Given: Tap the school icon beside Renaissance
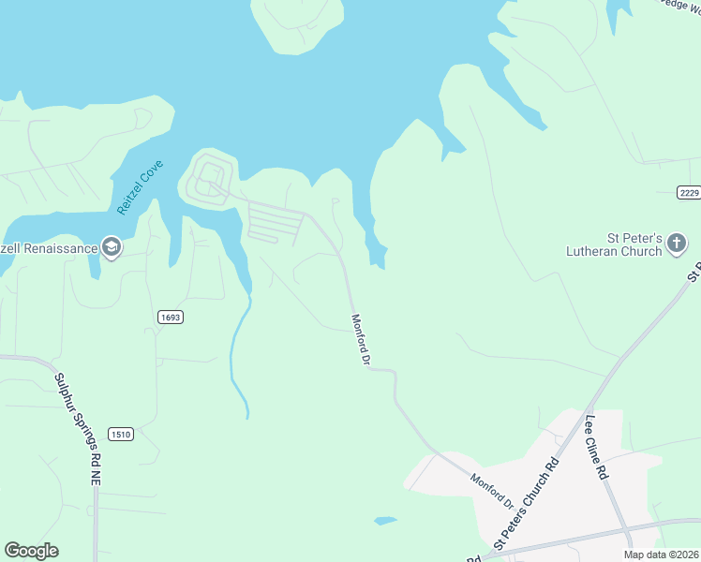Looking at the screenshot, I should pos(111,247).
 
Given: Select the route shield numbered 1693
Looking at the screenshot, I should pos(171,318).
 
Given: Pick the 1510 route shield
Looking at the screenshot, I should pos(120,434).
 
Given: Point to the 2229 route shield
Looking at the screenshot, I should pos(689,192).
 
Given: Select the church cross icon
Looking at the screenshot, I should pos(676,245).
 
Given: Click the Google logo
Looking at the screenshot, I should pos(31,551).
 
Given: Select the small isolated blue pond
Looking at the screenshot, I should pos(384,520).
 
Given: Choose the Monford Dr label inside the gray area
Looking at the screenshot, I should pos(493,490).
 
